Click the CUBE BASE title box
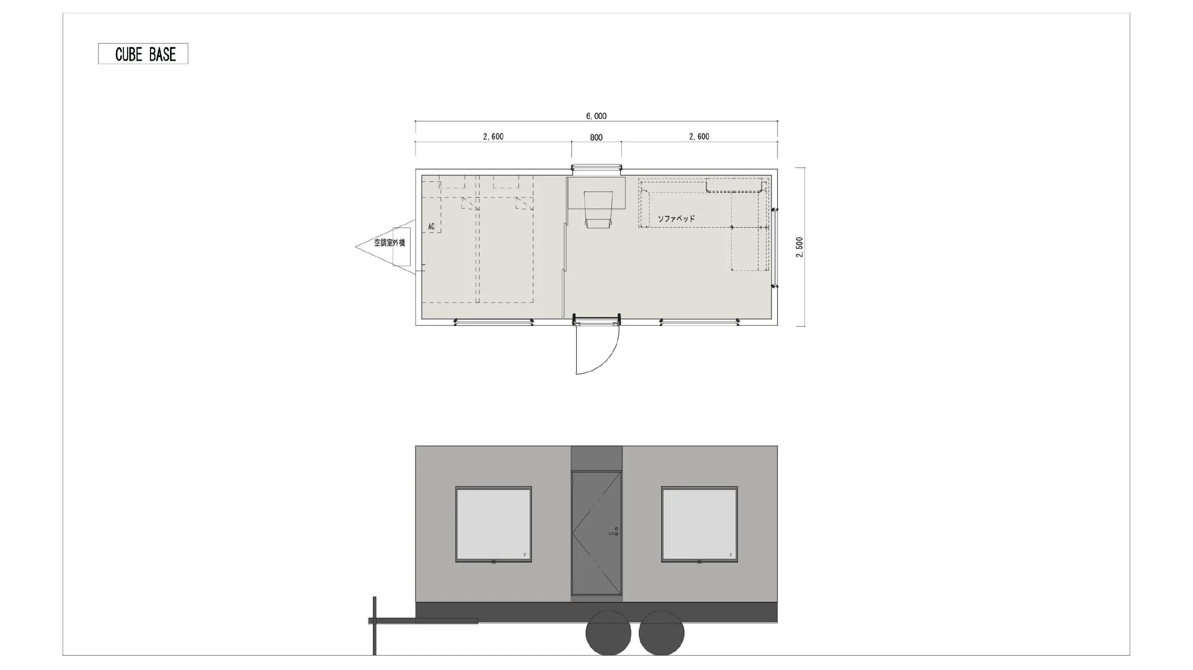tap(143, 54)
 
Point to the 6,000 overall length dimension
tap(596, 116)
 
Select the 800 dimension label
tap(596, 138)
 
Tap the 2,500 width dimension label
tap(799, 247)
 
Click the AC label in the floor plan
tap(431, 227)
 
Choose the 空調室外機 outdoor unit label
tap(390, 243)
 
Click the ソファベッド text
tap(677, 219)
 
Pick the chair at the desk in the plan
tap(598, 210)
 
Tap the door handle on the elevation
tap(614, 533)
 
